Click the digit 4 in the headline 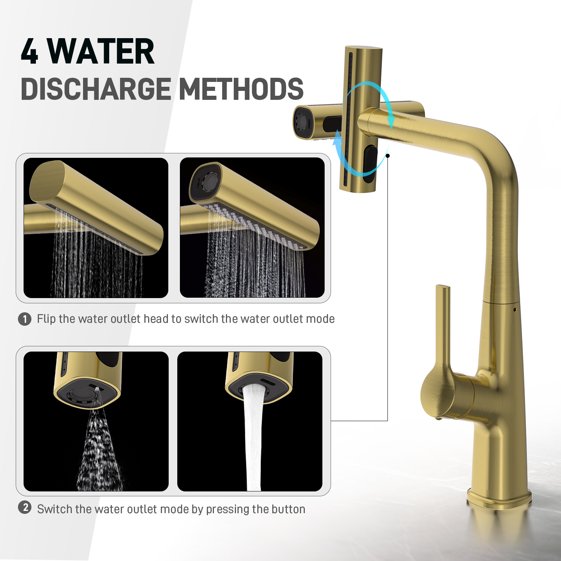pyautogui.click(x=30, y=51)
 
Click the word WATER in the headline pyautogui.click(x=101, y=51)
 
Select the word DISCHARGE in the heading pyautogui.click(x=96, y=89)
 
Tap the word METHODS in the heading pyautogui.click(x=242, y=89)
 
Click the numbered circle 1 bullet pyautogui.click(x=25, y=319)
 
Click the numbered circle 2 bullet pyautogui.click(x=25, y=508)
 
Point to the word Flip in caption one pyautogui.click(x=46, y=319)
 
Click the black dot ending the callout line pyautogui.click(x=388, y=156)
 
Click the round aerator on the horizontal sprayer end pyautogui.click(x=301, y=122)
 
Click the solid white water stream pyautogui.click(x=254, y=438)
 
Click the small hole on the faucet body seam pyautogui.click(x=515, y=310)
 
